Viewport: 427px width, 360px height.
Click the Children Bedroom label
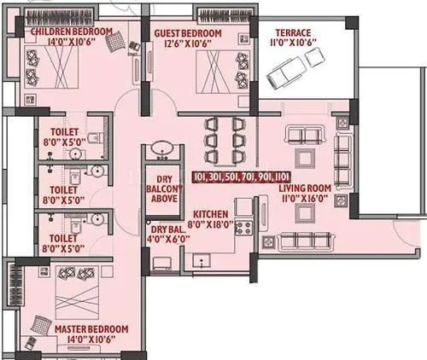[71, 32]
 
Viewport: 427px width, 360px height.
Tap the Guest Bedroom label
[188, 33]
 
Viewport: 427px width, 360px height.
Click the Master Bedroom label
[91, 328]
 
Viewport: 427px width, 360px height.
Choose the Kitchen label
[209, 214]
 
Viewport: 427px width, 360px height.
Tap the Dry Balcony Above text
[164, 189]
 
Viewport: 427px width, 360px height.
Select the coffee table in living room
[304, 158]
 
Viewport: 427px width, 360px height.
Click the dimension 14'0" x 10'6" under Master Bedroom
[91, 340]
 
